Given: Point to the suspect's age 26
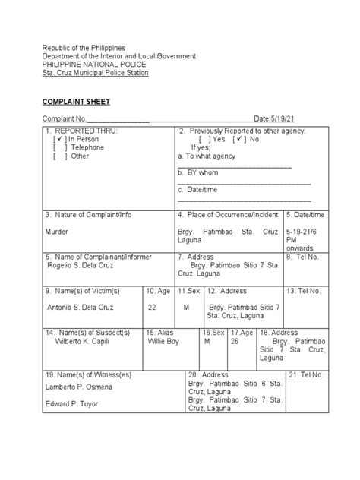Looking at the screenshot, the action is pyautogui.click(x=235, y=342).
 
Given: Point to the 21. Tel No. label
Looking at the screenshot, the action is pyautogui.click(x=306, y=375).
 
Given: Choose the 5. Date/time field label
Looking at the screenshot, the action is pyautogui.click(x=305, y=215).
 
